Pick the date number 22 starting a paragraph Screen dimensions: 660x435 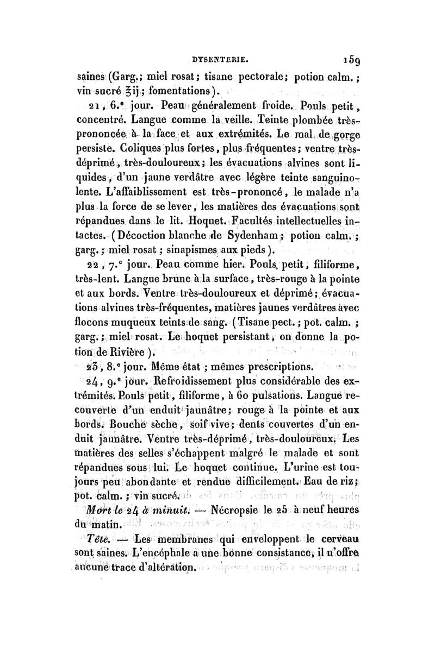86,265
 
